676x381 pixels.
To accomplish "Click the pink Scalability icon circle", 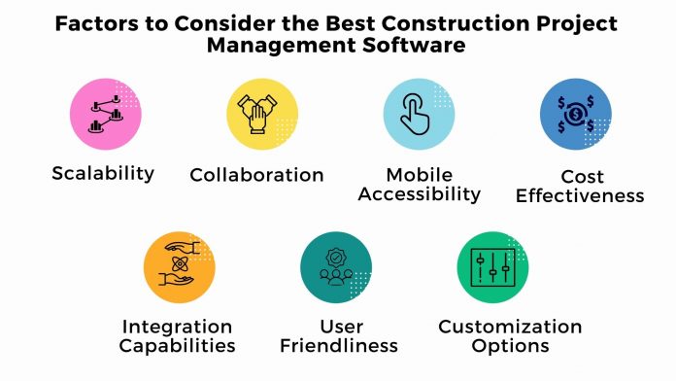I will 106,116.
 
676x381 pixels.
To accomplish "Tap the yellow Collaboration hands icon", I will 261,116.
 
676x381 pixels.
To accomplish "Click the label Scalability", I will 103,174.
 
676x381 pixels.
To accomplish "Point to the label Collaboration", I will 256,175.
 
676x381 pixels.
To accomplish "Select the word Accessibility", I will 420,193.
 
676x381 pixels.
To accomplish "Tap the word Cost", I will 582,177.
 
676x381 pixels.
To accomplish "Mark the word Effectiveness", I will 580,195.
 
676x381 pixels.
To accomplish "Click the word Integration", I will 178,327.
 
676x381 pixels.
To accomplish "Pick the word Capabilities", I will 179,346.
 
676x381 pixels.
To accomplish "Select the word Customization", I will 510,327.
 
